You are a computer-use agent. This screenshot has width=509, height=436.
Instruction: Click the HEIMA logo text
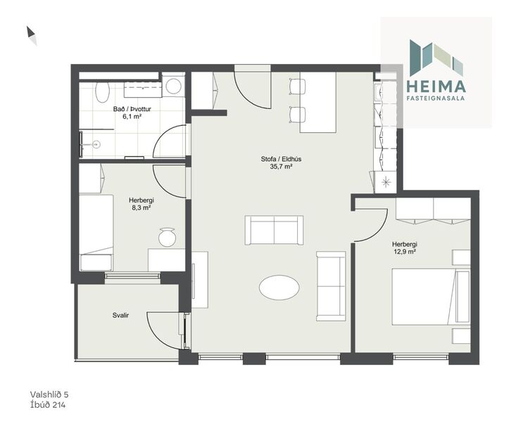(436, 86)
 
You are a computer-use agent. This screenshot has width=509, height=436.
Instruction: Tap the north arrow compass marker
(31, 34)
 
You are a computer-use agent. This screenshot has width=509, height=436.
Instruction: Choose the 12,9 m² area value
(404, 252)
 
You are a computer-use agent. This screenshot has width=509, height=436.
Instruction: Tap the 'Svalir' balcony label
(120, 316)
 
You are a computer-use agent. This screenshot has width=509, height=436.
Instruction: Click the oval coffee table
(279, 287)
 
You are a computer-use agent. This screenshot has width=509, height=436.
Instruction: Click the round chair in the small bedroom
(168, 238)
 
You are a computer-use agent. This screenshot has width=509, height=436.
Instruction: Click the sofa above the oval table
(274, 230)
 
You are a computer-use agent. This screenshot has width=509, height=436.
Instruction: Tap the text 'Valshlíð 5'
(49, 395)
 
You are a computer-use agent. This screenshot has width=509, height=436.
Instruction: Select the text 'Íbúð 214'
(48, 405)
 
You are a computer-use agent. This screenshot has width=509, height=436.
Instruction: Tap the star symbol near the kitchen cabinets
(386, 181)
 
